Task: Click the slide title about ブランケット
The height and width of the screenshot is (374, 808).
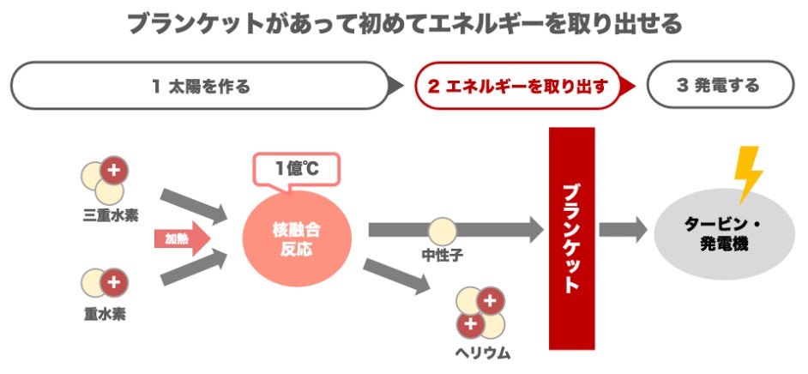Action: pos(404,22)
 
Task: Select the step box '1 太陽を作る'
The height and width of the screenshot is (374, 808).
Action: pos(202,86)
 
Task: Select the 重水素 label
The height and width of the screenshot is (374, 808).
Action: pos(105,314)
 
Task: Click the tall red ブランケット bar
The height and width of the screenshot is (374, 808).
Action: pos(571,238)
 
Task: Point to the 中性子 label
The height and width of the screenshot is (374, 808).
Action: pos(443,256)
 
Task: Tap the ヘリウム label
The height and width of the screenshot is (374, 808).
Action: pos(482,352)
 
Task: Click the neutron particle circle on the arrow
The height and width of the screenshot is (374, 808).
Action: pos(443,230)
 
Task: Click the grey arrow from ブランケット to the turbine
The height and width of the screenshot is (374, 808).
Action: pos(623,229)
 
